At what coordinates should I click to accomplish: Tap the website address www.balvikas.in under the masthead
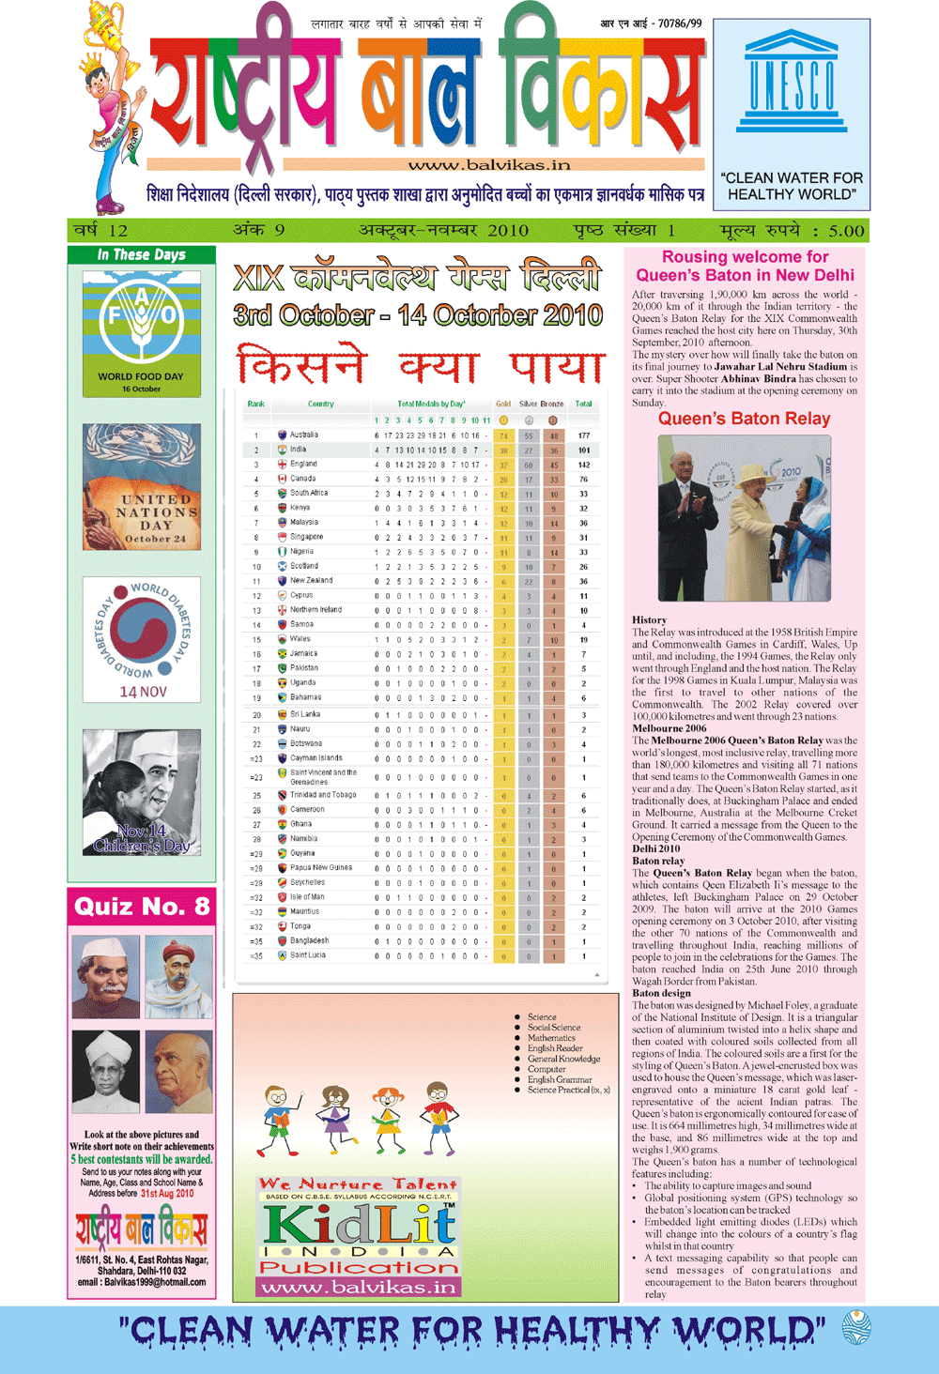pyautogui.click(x=488, y=165)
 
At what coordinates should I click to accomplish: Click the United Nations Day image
pyautogui.click(x=141, y=486)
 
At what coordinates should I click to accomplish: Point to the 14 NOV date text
pyautogui.click(x=143, y=692)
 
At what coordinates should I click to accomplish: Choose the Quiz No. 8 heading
pyautogui.click(x=142, y=907)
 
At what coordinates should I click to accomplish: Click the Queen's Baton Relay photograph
pyautogui.click(x=744, y=517)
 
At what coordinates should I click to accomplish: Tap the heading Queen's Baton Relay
pyautogui.click(x=744, y=419)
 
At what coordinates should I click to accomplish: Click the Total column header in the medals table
pyautogui.click(x=583, y=405)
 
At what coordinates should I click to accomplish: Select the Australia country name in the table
pyautogui.click(x=303, y=435)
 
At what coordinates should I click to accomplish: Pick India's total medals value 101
pyautogui.click(x=583, y=450)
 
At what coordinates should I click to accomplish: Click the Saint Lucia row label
pyautogui.click(x=307, y=955)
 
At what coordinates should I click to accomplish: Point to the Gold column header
pyautogui.click(x=503, y=405)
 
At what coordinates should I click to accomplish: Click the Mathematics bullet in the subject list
pyautogui.click(x=551, y=1038)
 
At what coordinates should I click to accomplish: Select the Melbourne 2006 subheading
pyautogui.click(x=670, y=728)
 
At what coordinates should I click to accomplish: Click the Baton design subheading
pyautogui.click(x=661, y=993)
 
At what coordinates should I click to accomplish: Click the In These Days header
pyautogui.click(x=142, y=255)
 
